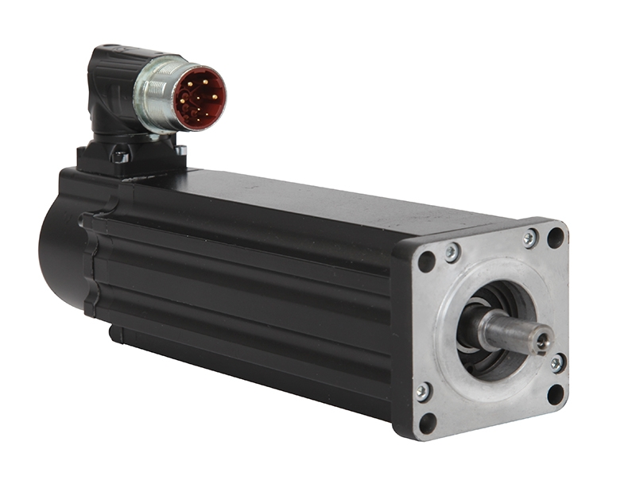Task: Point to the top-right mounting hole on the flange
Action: [555, 238]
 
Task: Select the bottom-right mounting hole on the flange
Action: [556, 393]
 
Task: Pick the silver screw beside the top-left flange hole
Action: [452, 252]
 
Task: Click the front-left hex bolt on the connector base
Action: [121, 157]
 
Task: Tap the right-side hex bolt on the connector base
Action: [180, 149]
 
